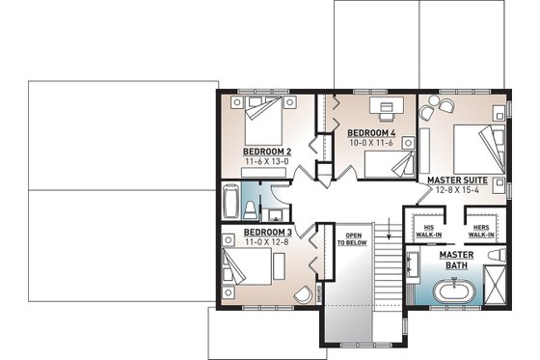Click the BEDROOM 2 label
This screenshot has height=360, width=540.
pos(267,152)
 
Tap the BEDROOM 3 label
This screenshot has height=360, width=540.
pos(267,233)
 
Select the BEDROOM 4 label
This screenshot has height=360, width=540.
pos(371,132)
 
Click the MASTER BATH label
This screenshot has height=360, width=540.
pos(454,260)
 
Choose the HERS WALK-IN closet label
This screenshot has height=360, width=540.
pos(481,230)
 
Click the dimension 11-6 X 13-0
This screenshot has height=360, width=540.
pos(267,162)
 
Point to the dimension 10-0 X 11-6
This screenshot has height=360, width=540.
pos(371,143)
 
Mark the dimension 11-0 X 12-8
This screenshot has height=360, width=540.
pos(267,242)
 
